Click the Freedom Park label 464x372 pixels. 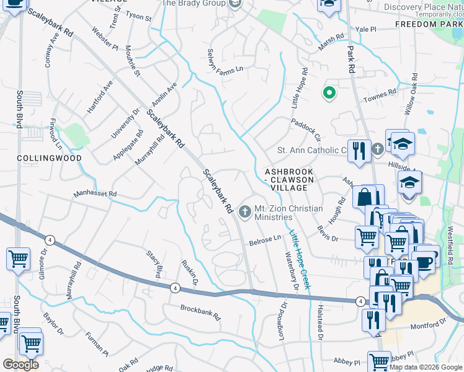[x=429, y=24]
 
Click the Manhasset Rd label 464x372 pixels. [x=95, y=194]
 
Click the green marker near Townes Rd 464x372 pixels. [x=329, y=94]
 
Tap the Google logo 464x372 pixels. [x=20, y=365]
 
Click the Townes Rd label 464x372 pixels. [x=380, y=93]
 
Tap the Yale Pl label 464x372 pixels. [x=366, y=29]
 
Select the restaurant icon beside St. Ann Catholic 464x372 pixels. [x=359, y=151]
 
